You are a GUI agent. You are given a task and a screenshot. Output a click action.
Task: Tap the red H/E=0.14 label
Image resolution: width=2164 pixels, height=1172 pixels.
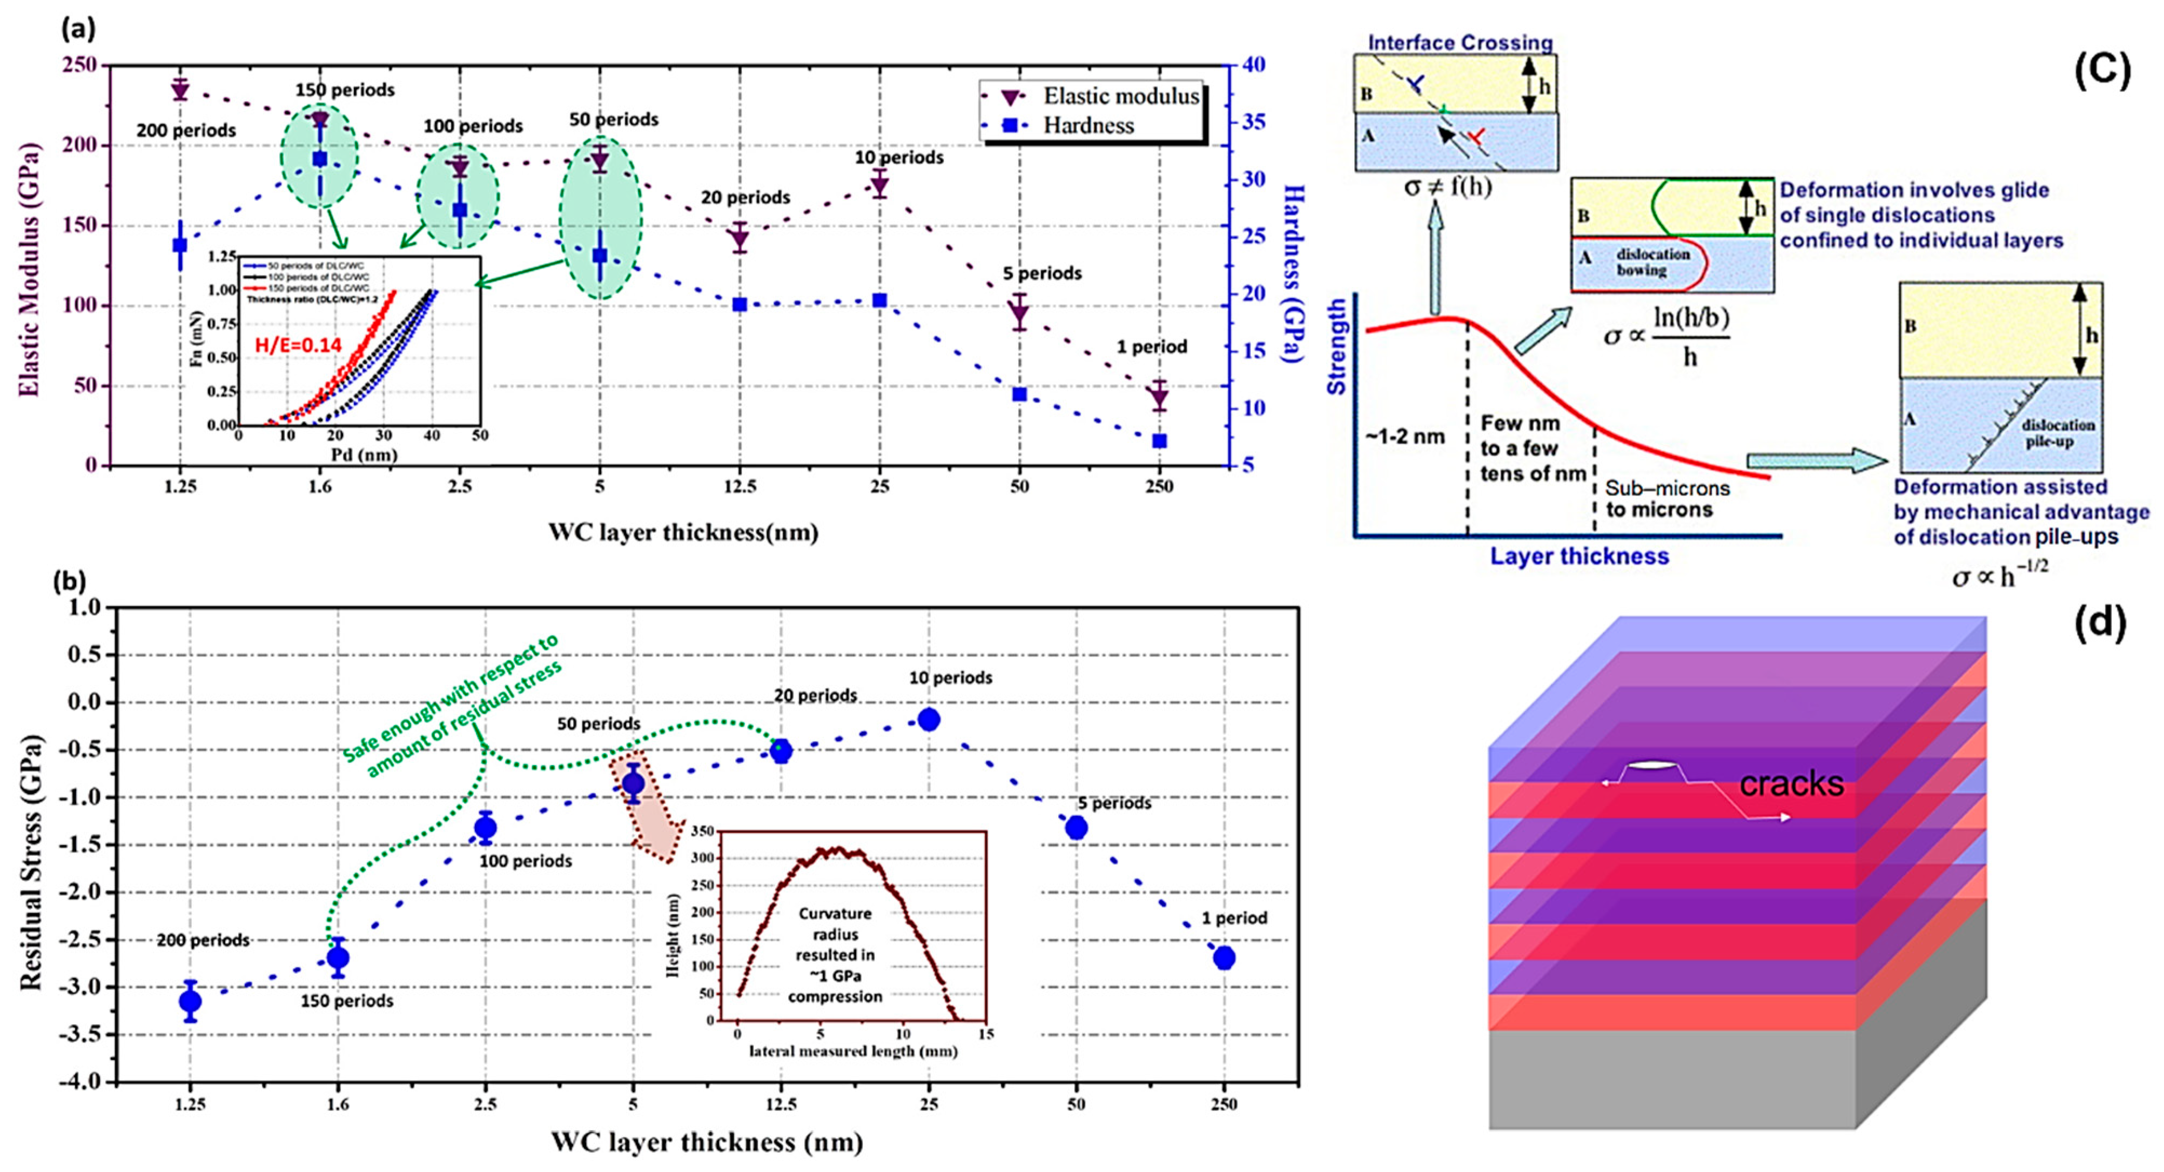298,344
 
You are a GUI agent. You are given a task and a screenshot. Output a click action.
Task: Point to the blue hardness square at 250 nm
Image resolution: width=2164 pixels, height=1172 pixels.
1159,441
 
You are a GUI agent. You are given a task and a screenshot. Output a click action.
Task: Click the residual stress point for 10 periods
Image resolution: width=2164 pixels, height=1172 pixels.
928,719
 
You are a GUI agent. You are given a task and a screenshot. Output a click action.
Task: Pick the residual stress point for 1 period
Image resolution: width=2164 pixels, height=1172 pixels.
1224,958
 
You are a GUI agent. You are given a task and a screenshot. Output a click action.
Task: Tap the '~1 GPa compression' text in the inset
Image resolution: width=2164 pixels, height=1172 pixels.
835,987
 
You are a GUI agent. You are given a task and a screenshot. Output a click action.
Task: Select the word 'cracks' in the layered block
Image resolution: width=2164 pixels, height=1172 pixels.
1791,784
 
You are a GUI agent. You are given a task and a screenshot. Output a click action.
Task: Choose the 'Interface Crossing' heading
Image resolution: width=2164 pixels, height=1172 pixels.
1460,43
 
